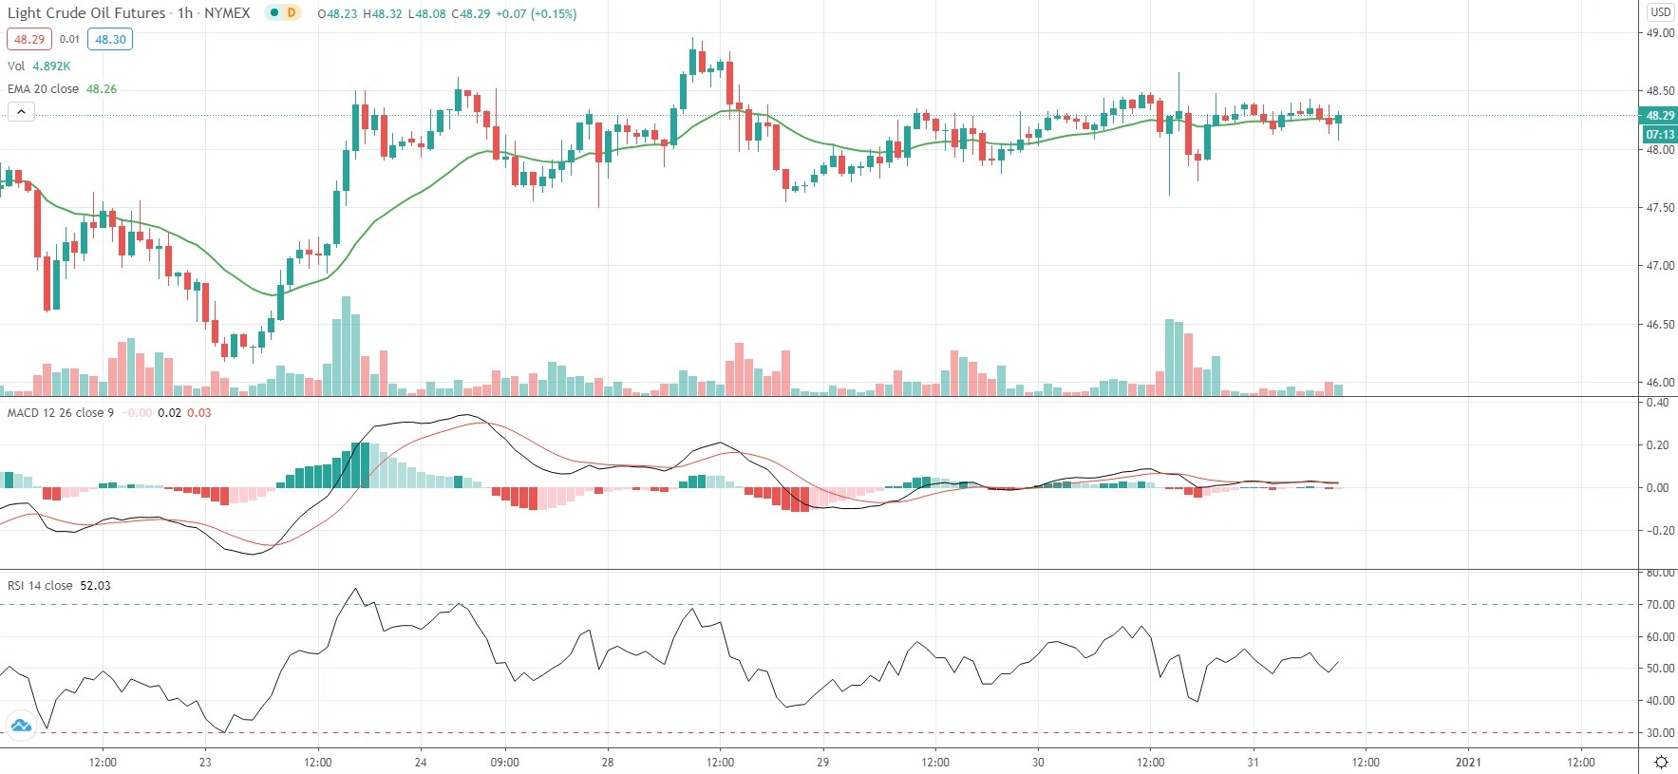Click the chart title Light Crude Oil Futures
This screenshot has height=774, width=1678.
click(x=86, y=13)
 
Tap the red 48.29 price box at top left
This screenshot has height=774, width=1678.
click(x=28, y=40)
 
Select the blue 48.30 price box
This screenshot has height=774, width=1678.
click(x=110, y=40)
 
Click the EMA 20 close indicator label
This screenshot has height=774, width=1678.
click(x=44, y=89)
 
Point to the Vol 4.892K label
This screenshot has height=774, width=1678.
click(x=38, y=66)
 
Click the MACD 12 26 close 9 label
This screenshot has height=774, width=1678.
click(x=61, y=413)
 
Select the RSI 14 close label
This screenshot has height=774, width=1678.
click(x=40, y=586)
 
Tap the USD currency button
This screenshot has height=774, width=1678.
click(x=1660, y=12)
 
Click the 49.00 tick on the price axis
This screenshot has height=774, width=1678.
click(x=1660, y=33)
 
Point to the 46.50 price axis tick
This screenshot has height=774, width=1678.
click(x=1660, y=325)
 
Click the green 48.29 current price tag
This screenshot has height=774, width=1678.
click(x=1660, y=116)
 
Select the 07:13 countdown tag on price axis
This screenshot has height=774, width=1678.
click(x=1660, y=134)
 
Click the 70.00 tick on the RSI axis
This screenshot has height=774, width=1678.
click(x=1660, y=605)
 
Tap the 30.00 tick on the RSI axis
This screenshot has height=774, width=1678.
click(x=1660, y=733)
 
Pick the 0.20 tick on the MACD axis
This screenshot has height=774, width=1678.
click(x=1658, y=445)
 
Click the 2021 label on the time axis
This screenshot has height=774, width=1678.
click(x=1468, y=762)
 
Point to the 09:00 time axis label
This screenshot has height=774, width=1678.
click(x=504, y=762)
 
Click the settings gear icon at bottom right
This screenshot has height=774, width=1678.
click(x=1661, y=762)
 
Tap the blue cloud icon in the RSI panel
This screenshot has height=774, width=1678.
click(x=21, y=727)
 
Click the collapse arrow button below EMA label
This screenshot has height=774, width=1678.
click(x=21, y=112)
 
